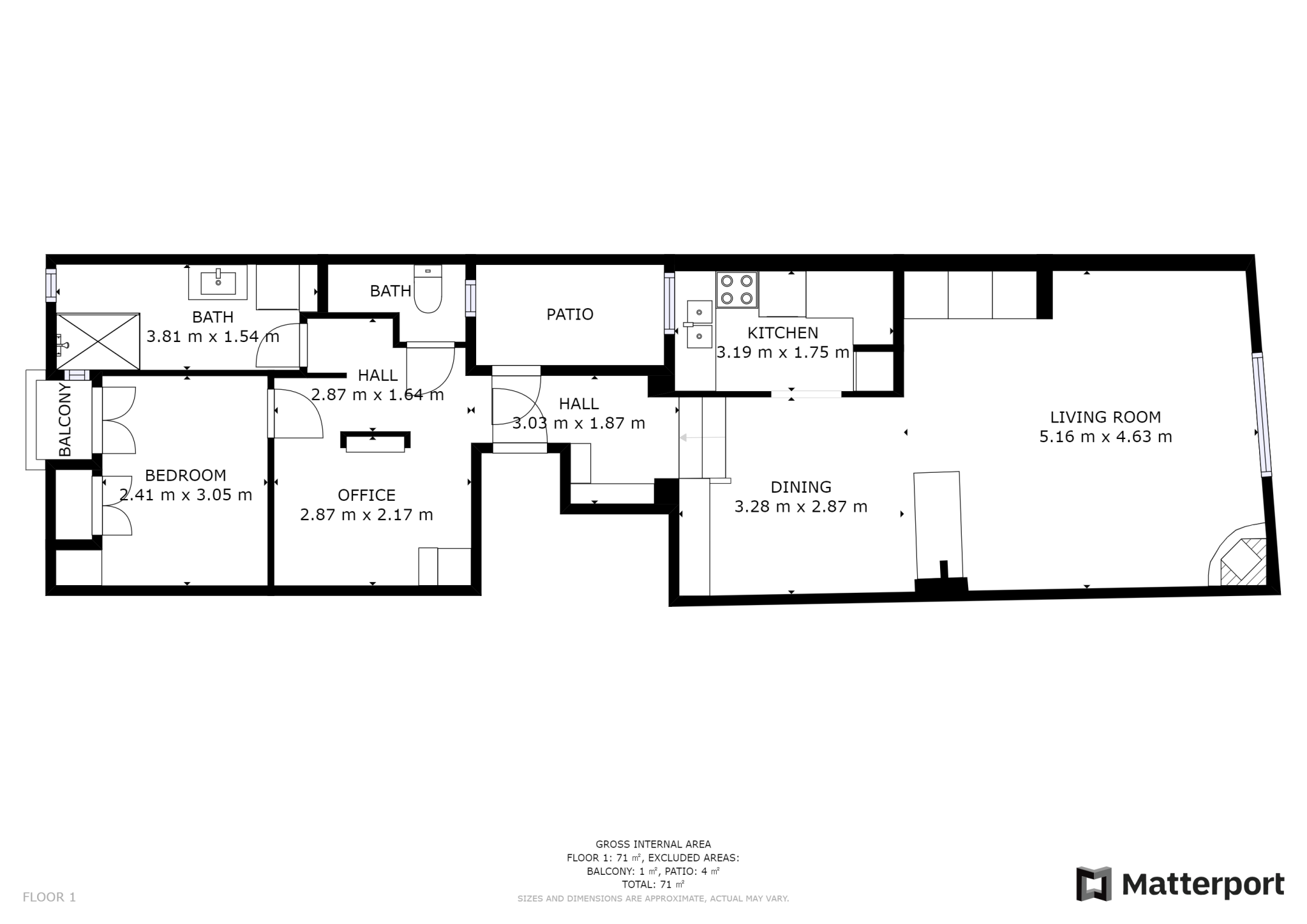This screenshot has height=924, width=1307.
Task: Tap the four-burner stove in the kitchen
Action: tap(737, 290)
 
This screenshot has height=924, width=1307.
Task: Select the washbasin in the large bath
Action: tap(218, 283)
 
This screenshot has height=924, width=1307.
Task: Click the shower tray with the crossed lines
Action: tap(98, 341)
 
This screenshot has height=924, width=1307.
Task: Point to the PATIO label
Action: tap(570, 314)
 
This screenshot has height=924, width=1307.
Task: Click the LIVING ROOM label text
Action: tap(1105, 417)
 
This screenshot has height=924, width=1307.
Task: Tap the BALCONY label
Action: tap(65, 419)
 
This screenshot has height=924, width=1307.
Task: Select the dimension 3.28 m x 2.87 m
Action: tap(801, 507)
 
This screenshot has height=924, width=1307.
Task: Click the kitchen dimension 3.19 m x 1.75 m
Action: tap(783, 352)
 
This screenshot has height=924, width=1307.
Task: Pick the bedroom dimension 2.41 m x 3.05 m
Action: tap(186, 495)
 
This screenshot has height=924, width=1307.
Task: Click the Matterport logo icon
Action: tap(1094, 884)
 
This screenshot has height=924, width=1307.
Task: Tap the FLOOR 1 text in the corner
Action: tap(49, 897)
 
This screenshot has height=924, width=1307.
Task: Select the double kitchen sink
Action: tap(699, 324)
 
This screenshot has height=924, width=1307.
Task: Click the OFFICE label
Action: tap(366, 495)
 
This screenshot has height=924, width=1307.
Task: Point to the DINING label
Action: tap(801, 487)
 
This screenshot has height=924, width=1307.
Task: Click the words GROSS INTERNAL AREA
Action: tap(653, 844)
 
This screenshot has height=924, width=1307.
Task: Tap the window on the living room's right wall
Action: tap(1262, 414)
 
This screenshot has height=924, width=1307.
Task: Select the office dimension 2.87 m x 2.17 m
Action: tap(366, 514)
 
